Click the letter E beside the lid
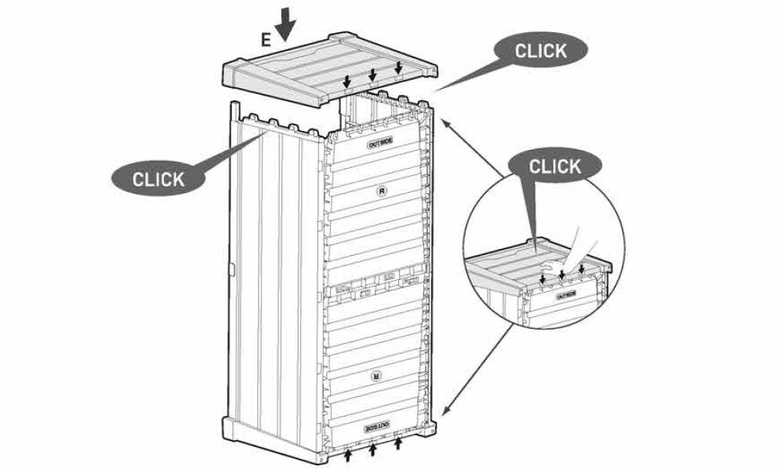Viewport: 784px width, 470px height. pos(266,39)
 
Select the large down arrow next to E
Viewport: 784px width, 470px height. pos(285,24)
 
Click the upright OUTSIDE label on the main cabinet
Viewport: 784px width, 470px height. pos(380,144)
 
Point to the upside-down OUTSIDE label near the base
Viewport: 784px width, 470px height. pos(378,427)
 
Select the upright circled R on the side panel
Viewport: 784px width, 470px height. pos(383,191)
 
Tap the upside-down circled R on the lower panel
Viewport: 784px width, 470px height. pos(376,376)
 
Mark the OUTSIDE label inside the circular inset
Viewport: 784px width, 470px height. pos(567,296)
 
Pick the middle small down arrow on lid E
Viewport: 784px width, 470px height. pos(372,75)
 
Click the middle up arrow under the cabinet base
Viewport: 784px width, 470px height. pos(372,449)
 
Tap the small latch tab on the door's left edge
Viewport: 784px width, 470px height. pos(231,269)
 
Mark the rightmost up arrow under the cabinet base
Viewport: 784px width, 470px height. pos(398,443)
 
